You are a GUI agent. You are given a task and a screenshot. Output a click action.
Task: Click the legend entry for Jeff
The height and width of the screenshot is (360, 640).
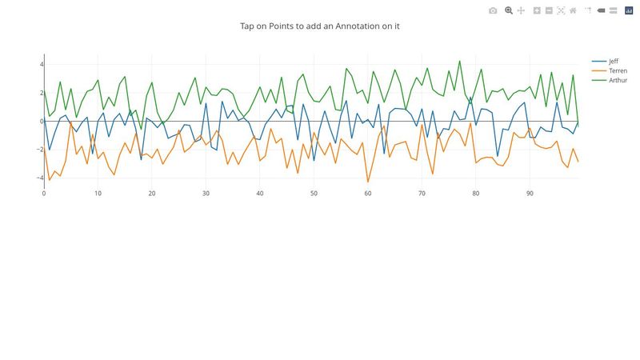613,61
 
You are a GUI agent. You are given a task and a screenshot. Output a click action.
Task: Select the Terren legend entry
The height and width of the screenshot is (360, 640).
617,70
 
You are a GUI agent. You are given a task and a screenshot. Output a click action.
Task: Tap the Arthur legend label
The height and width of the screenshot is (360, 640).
618,80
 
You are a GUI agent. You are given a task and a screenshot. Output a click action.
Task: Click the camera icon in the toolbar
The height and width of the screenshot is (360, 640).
493,10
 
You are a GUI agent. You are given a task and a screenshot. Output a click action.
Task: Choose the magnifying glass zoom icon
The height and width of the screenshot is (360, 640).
509,10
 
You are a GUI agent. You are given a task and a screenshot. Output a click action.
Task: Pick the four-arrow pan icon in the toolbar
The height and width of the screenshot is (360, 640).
521,10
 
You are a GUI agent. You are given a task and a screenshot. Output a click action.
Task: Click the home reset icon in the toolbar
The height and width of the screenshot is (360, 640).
573,10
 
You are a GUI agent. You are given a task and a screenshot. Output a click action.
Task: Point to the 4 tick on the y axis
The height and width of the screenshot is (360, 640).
42,64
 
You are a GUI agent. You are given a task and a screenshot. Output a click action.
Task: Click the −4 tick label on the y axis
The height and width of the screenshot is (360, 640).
39,178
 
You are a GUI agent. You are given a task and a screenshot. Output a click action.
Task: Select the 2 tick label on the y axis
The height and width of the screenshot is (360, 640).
42,93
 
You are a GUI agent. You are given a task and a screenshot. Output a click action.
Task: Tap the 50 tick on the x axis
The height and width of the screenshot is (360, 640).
314,193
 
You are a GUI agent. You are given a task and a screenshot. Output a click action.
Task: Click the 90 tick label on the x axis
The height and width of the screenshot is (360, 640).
530,193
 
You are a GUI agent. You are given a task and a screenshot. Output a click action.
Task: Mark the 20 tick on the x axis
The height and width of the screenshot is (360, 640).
152,193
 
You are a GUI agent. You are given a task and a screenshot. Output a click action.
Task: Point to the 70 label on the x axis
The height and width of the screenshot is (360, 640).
422,193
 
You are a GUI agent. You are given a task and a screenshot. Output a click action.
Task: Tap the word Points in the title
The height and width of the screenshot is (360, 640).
286,26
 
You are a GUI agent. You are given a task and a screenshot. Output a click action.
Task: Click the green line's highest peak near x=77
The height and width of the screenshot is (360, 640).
459,61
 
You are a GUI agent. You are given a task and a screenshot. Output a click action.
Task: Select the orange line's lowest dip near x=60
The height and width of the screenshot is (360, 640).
368,182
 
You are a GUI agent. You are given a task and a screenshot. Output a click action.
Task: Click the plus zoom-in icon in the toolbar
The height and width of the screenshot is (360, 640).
538,10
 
